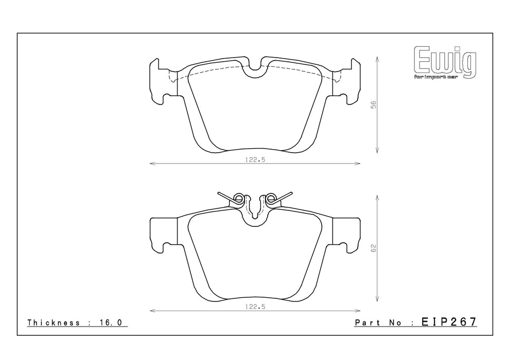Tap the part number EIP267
[x=449, y=322]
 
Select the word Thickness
[x=54, y=322]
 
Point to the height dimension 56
[x=374, y=104]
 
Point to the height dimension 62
[x=374, y=248]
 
